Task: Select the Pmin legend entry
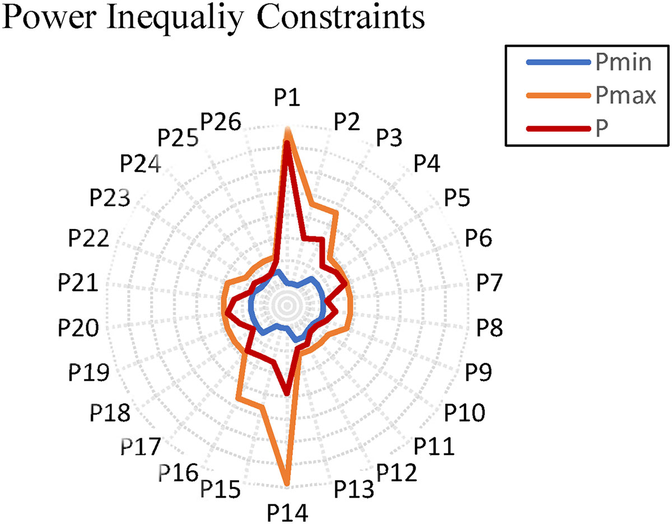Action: click(x=623, y=63)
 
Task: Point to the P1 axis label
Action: click(x=287, y=99)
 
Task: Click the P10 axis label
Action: click(x=464, y=413)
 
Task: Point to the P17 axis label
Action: click(x=140, y=447)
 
